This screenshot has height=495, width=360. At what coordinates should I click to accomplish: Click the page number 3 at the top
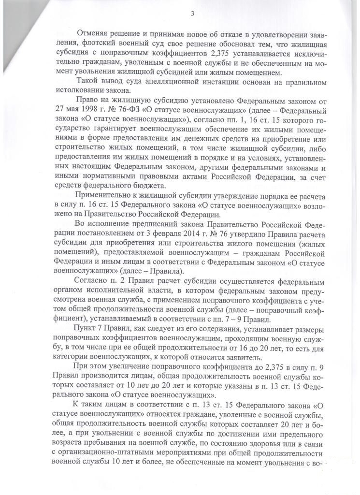coord(192,14)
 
